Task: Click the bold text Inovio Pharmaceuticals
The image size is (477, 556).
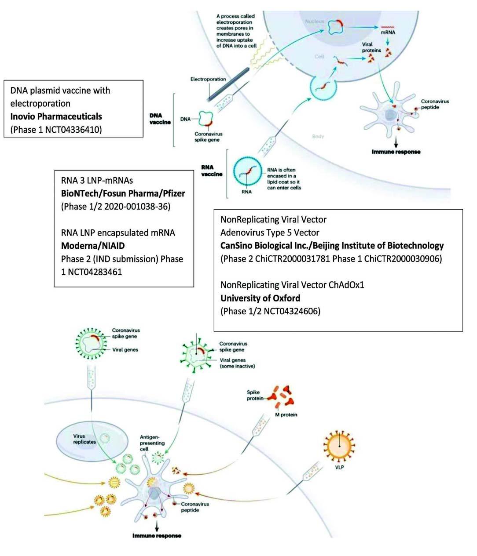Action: pos(56,116)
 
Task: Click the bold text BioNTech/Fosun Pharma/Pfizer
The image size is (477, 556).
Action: pos(123,193)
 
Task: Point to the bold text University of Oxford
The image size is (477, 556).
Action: pos(260,298)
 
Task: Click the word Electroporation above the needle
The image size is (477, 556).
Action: pos(208,79)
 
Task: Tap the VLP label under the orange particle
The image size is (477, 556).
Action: pos(339,467)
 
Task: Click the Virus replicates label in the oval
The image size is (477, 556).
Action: pos(84,439)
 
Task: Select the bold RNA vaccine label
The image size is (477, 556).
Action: pos(212,171)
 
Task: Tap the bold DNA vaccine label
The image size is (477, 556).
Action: pos(160,119)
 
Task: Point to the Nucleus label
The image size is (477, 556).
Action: pos(315,21)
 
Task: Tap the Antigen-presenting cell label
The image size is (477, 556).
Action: pos(152,443)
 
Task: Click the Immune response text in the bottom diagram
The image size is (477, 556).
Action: pos(157,535)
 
